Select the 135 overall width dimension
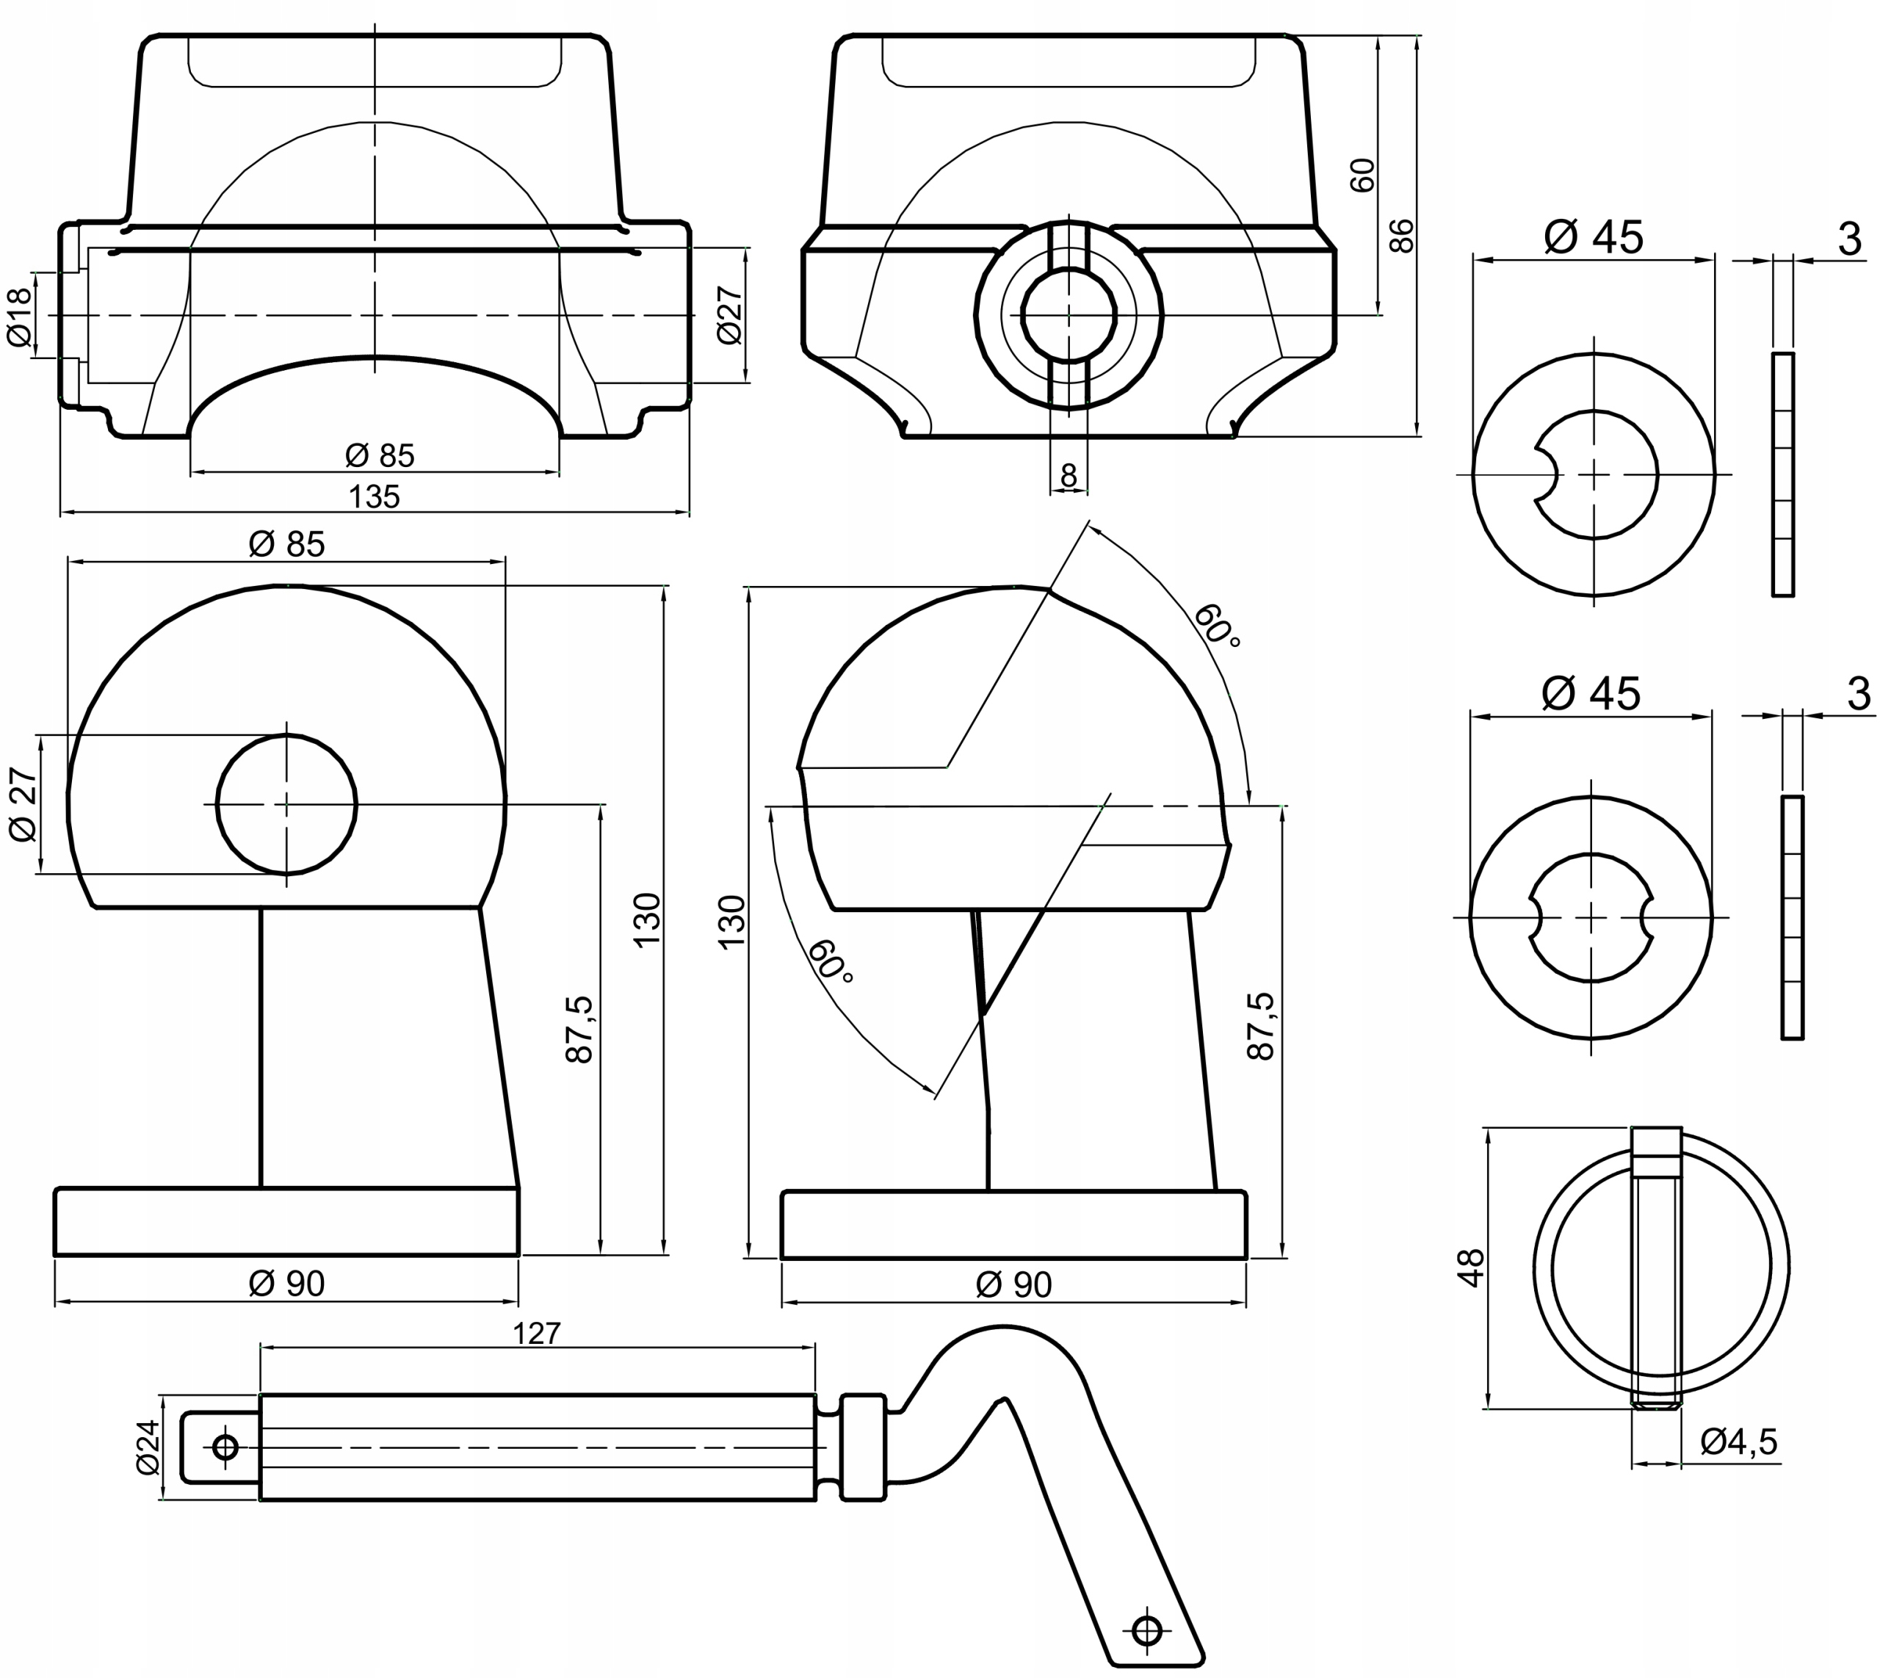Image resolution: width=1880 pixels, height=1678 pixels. pos(375,497)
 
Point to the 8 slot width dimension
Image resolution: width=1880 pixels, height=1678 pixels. pos(1069,476)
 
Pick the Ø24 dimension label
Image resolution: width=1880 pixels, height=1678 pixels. pos(148,1447)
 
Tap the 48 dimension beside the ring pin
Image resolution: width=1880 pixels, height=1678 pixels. pos(1472,1267)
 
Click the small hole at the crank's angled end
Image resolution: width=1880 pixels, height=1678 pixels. pos(1148,1630)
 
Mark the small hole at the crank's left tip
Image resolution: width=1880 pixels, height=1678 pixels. pos(225,1447)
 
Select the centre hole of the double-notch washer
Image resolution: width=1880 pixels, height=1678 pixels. pos(1591,917)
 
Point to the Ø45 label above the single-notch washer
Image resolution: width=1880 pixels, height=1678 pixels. pos(1594,238)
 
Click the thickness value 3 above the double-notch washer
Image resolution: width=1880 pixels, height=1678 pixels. pos(1859,694)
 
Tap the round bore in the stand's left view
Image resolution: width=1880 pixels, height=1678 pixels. pos(286,804)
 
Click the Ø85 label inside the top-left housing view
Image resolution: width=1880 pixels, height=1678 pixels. pos(380,455)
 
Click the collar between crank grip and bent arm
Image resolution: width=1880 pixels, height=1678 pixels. pos(864,1447)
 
